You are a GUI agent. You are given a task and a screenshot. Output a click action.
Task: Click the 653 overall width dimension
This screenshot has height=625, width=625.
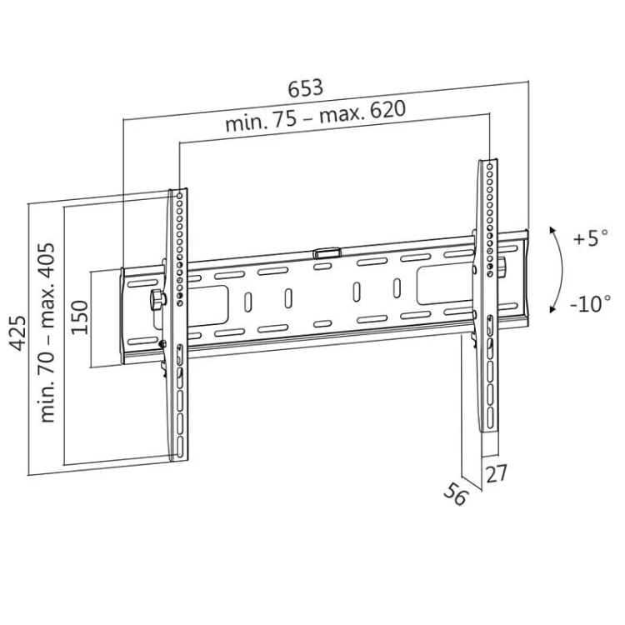305,87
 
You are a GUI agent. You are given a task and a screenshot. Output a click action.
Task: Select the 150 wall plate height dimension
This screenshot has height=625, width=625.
79,317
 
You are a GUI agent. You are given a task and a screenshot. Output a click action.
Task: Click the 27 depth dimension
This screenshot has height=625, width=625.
496,474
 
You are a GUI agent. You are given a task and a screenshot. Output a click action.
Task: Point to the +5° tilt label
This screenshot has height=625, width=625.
591,238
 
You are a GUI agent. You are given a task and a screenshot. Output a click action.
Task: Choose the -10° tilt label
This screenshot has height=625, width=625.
591,303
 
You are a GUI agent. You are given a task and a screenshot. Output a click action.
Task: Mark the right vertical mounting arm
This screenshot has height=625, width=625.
488,300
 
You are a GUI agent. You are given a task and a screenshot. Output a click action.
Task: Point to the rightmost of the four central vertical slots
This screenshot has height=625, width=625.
396,288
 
